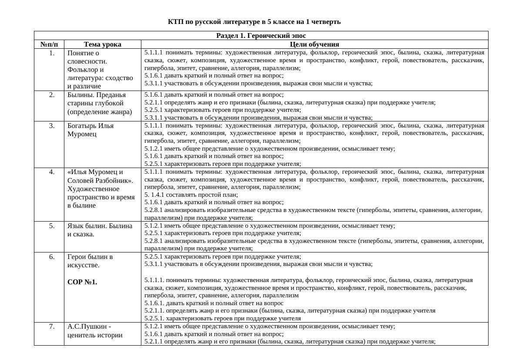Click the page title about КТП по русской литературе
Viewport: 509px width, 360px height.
pyautogui.click(x=254, y=22)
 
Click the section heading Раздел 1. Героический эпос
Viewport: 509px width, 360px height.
pyautogui.click(x=261, y=36)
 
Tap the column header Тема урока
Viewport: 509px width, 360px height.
pyautogui.click(x=103, y=44)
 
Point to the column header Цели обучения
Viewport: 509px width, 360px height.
pyautogui.click(x=315, y=44)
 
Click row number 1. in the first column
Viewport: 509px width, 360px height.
pyautogui.click(x=52, y=53)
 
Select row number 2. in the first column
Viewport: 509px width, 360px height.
pyautogui.click(x=52, y=95)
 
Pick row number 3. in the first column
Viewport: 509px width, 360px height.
pyautogui.click(x=52, y=126)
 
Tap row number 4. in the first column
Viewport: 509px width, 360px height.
pyautogui.click(x=52, y=172)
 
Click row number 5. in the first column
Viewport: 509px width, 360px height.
pyautogui.click(x=52, y=226)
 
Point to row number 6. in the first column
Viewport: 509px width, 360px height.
pyautogui.click(x=52, y=257)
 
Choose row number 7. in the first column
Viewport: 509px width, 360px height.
pyautogui.click(x=52, y=326)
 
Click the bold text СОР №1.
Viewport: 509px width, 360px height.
pyautogui.click(x=83, y=282)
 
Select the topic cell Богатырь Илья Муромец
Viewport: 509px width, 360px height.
pyautogui.click(x=90, y=130)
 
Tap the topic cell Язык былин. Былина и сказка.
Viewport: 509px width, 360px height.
pyautogui.click(x=100, y=230)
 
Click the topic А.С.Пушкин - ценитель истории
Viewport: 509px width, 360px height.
pyautogui.click(x=95, y=330)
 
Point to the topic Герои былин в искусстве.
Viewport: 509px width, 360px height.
pyautogui.click(x=90, y=261)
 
